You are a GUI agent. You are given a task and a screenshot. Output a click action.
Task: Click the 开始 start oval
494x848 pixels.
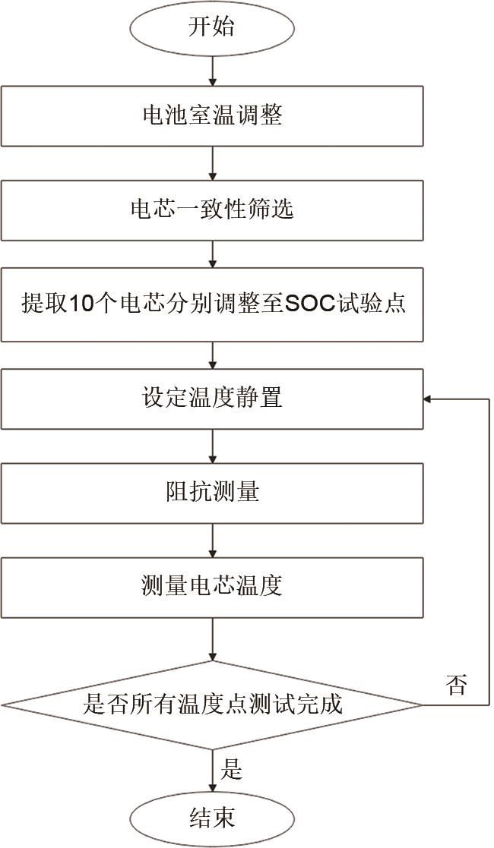(212, 28)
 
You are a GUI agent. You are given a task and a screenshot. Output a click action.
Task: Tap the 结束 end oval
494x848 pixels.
(212, 818)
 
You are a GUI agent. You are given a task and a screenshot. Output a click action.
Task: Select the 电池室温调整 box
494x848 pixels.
(212, 115)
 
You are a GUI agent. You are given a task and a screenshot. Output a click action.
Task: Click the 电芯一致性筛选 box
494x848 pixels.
(212, 210)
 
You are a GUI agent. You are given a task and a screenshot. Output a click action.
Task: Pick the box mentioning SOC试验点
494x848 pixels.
(212, 304)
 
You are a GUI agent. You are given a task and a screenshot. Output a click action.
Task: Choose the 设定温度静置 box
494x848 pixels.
(212, 398)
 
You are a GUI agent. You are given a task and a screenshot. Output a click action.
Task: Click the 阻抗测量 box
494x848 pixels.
(212, 492)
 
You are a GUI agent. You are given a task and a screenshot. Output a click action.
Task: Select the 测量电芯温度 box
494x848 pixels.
(212, 586)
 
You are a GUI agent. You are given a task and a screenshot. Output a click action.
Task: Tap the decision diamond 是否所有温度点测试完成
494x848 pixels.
(212, 705)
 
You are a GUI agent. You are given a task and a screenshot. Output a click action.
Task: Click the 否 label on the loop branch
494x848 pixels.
(455, 686)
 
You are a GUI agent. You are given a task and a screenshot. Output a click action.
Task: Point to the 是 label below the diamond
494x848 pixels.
(231, 770)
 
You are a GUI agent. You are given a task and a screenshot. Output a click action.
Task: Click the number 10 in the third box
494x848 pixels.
(80, 304)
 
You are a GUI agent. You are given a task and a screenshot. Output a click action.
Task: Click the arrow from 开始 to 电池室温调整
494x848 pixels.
(212, 71)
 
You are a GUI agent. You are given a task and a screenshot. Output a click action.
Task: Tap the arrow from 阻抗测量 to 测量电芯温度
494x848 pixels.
(212, 540)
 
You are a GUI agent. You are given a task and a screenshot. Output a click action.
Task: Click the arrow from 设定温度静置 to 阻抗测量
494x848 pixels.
(212, 446)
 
